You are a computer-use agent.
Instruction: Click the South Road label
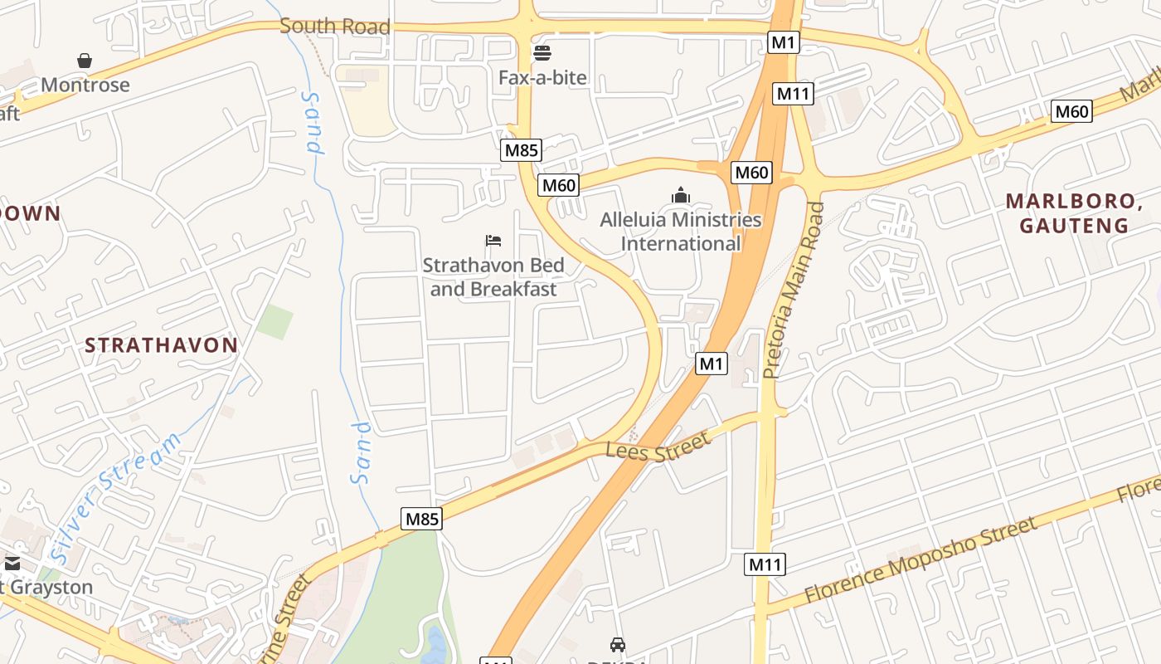[x=334, y=27]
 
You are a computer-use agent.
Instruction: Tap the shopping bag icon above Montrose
[x=85, y=61]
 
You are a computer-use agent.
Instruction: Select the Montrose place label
[x=85, y=85]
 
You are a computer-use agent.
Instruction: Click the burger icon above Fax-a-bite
[x=542, y=54]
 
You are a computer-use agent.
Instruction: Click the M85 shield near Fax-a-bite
[x=522, y=150]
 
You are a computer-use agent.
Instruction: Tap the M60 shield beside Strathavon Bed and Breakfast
[x=558, y=185]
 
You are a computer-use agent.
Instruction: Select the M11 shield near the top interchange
[x=793, y=94]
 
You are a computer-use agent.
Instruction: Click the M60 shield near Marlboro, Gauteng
[x=1071, y=111]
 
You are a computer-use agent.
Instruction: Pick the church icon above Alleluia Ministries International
[x=681, y=196]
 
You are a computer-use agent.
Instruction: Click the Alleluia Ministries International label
[x=681, y=232]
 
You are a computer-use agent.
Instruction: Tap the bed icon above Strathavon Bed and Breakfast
[x=493, y=242]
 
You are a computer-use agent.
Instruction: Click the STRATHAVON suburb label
[x=162, y=345]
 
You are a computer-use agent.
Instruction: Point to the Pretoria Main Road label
[x=794, y=290]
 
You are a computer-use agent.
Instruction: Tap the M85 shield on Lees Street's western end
[x=421, y=520]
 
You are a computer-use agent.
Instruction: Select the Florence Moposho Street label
[x=921, y=560]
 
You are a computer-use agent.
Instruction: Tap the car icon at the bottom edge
[x=617, y=644]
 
